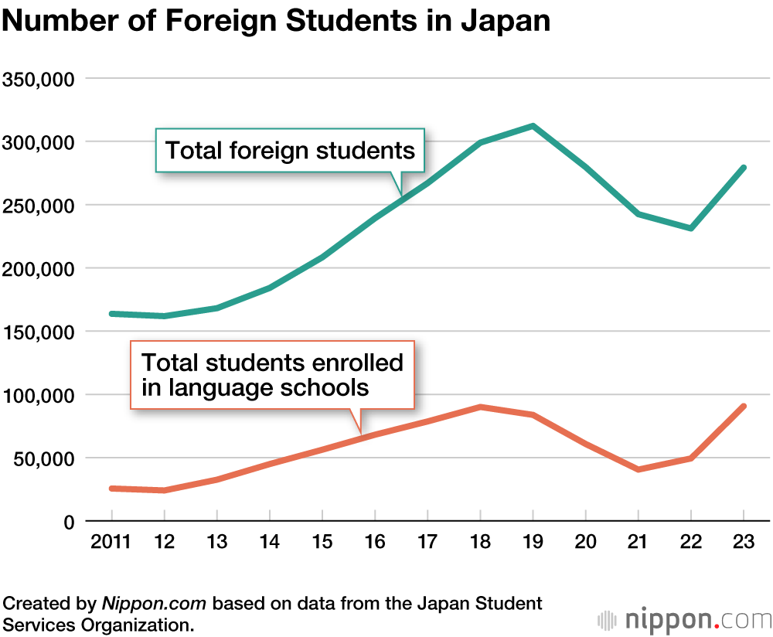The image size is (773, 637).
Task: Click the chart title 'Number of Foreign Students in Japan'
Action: pos(276,21)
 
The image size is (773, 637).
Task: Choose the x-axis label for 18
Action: pos(481,542)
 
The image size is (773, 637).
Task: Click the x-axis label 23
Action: pos(744,542)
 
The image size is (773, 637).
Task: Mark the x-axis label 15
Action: pos(322,542)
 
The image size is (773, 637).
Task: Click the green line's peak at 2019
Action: pos(533,126)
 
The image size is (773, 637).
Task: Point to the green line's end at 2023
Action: pos(744,168)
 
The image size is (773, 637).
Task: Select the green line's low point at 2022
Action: pos(691,228)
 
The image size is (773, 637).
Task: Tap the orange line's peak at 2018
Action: pos(481,407)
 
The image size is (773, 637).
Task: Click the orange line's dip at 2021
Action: pos(638,469)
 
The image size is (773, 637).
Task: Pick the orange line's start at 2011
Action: pos(112,489)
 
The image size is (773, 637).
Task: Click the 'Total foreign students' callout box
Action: pos(291,150)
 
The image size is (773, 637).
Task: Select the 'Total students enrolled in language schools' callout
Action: pos(272,374)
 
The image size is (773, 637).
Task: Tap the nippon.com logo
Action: pos(685,619)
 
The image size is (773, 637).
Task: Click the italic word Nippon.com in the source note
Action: pos(151,603)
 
